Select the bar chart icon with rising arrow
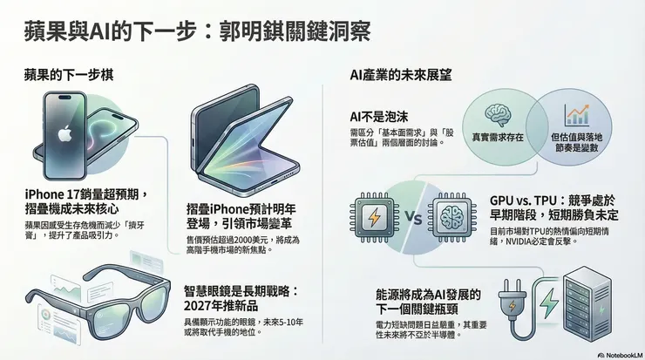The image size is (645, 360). coord(576,114)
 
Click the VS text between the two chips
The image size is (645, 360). coord(413,218)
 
